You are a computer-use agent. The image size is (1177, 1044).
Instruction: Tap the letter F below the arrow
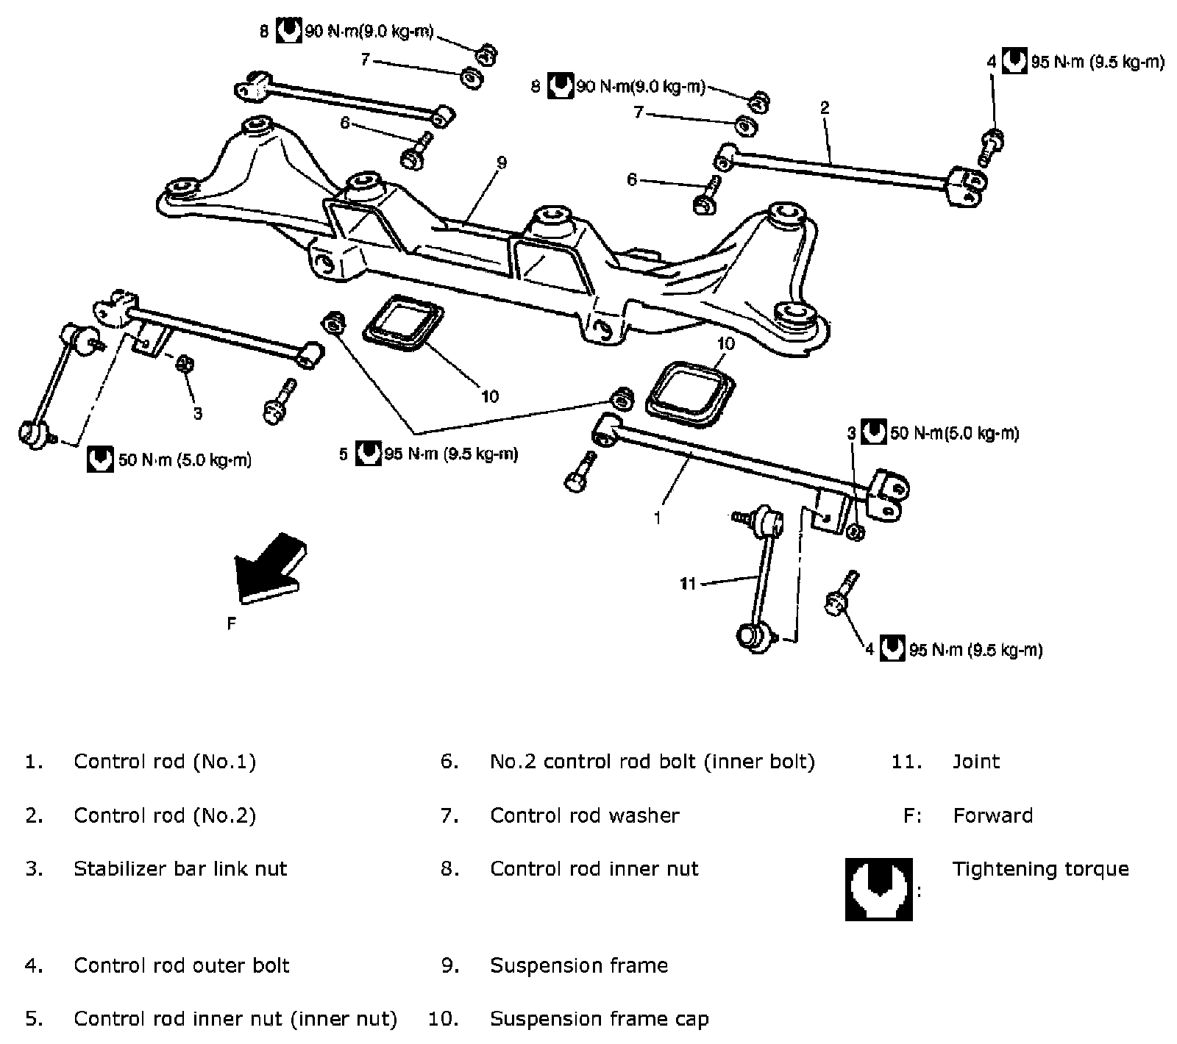click(232, 624)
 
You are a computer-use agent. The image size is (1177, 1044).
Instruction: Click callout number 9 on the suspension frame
click(502, 163)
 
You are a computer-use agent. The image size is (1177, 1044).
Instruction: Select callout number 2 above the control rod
click(825, 107)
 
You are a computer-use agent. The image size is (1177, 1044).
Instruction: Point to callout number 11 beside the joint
click(688, 584)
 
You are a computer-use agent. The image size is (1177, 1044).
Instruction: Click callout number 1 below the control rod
click(658, 518)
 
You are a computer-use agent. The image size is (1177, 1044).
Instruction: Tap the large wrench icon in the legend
click(878, 889)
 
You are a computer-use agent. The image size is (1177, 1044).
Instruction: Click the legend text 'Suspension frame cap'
click(599, 1018)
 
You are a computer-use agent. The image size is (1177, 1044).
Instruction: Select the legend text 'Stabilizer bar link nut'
click(180, 868)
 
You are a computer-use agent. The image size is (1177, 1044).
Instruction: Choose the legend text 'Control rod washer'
click(585, 815)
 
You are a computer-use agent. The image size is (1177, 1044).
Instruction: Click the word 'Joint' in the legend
click(976, 761)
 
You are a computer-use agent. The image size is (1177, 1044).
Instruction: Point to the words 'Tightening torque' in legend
click(1040, 868)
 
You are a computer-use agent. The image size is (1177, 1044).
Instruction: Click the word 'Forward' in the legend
click(992, 815)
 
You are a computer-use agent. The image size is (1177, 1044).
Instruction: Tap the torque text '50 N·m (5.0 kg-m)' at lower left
click(185, 460)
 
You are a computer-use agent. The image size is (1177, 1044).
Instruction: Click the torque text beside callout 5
click(451, 454)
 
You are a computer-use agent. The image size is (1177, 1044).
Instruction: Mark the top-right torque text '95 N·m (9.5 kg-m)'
click(1098, 62)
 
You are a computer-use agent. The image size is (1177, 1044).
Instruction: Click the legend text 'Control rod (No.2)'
click(165, 815)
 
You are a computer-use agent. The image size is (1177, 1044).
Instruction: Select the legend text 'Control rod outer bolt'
click(182, 965)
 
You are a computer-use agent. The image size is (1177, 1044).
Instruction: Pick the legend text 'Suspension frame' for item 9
click(579, 965)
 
